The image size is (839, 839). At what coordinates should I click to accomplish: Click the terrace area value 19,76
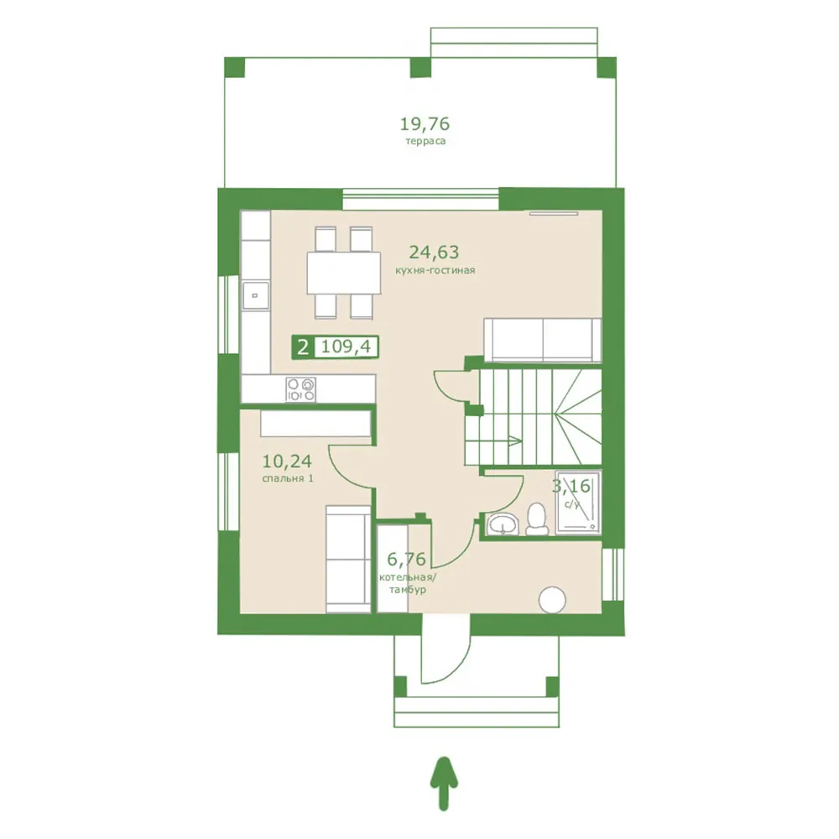(x=425, y=124)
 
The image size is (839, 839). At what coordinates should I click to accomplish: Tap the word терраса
(x=425, y=141)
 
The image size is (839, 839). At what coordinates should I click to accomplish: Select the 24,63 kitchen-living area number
(x=434, y=252)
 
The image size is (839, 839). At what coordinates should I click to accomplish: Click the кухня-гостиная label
(x=435, y=270)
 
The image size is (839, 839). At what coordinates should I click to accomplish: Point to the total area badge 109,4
(x=347, y=347)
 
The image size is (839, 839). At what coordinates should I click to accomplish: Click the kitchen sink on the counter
(x=256, y=296)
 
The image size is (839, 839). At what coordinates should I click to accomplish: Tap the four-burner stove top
(x=300, y=389)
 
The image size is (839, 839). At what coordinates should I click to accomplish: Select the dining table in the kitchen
(x=343, y=273)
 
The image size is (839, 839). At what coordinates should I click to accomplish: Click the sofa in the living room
(x=543, y=340)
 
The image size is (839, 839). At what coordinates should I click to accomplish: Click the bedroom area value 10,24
(x=287, y=461)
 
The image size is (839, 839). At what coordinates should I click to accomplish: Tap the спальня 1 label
(x=288, y=478)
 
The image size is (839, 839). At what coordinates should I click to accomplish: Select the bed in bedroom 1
(x=348, y=559)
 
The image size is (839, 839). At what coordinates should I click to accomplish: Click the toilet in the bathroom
(x=537, y=519)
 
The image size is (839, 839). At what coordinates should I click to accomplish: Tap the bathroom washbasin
(x=503, y=524)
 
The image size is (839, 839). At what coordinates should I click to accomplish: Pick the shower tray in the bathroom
(x=578, y=503)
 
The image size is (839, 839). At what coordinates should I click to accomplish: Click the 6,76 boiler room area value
(x=406, y=559)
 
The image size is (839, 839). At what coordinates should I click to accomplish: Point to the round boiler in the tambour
(x=552, y=600)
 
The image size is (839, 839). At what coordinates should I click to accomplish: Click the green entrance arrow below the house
(x=444, y=784)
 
